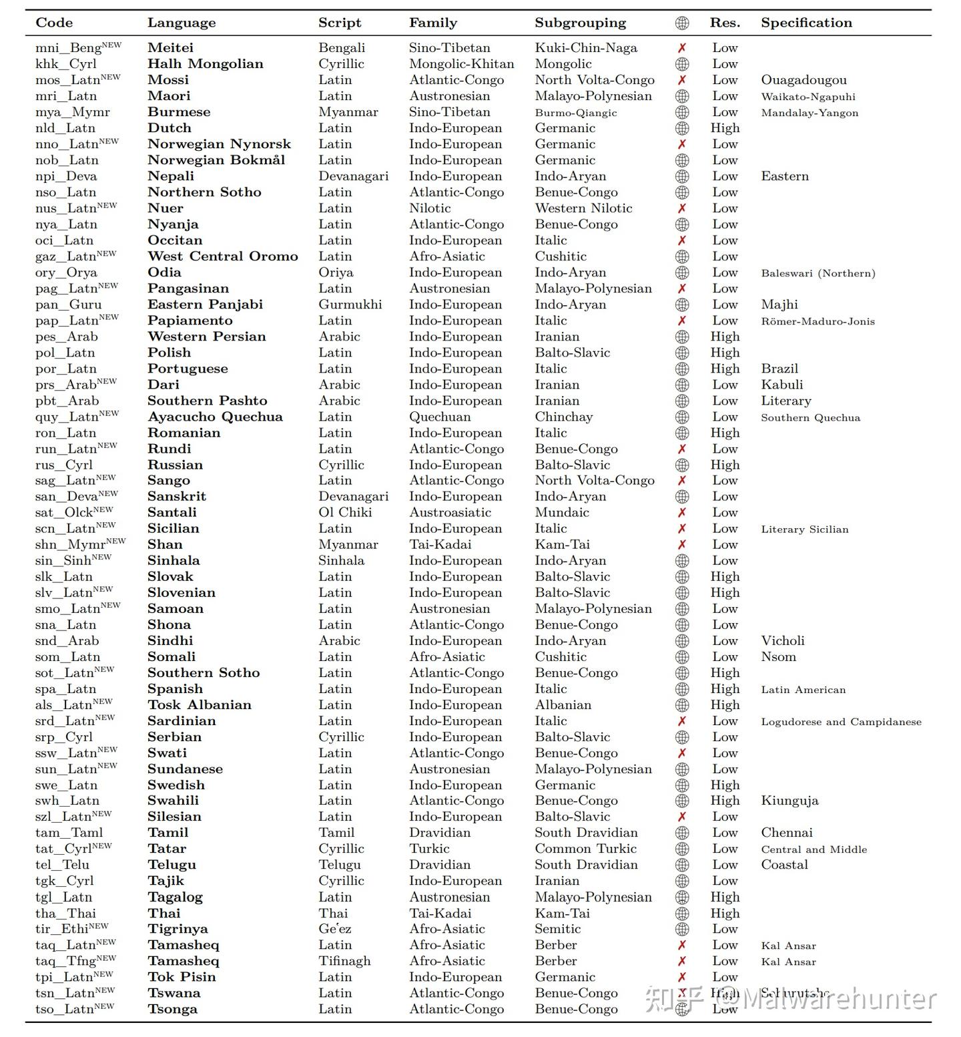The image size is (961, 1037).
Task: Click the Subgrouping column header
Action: (580, 23)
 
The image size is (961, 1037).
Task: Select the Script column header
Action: (340, 23)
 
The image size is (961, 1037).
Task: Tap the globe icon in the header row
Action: (682, 23)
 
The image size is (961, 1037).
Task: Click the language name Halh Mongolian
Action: (206, 64)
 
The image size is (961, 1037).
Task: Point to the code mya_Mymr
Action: (73, 112)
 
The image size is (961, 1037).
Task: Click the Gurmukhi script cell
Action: (350, 304)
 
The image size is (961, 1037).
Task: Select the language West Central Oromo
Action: (223, 256)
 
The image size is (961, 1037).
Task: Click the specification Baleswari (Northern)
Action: (818, 273)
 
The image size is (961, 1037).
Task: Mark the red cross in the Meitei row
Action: (682, 48)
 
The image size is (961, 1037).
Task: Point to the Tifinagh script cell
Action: (344, 961)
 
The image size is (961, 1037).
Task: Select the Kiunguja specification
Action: (789, 801)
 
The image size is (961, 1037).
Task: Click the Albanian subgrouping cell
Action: (563, 704)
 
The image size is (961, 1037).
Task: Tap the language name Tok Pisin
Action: (182, 977)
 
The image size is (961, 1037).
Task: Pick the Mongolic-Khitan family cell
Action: (461, 64)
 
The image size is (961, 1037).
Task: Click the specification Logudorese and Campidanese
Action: (841, 721)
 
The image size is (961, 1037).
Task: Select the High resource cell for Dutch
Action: (725, 128)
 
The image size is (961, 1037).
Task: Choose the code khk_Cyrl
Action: (66, 64)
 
